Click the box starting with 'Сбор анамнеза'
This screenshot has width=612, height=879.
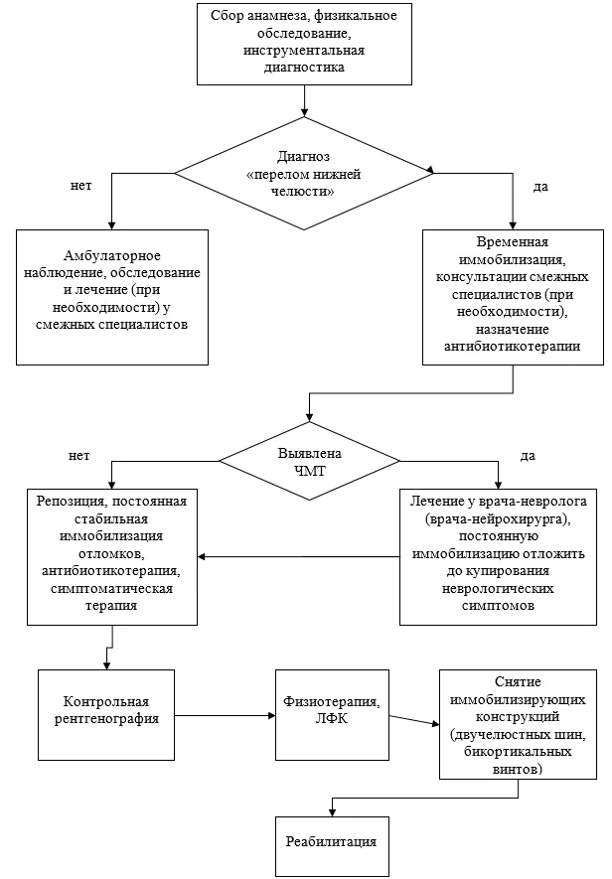(304, 43)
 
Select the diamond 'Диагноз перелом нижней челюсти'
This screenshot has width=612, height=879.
(304, 173)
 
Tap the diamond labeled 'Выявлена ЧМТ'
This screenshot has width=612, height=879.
(309, 461)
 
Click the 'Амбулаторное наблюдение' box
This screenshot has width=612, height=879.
(112, 297)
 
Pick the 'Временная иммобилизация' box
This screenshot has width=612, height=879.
(513, 297)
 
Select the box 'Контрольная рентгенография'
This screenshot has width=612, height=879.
(106, 715)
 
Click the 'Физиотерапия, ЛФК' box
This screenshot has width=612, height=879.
(332, 715)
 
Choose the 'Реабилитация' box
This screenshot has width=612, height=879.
(332, 846)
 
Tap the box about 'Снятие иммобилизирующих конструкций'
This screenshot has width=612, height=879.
(518, 724)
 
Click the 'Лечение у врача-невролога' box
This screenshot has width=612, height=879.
(498, 557)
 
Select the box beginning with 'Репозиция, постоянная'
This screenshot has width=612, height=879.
(112, 557)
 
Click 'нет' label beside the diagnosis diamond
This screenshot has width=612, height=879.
(80, 186)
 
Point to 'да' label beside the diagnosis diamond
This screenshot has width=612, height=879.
(540, 187)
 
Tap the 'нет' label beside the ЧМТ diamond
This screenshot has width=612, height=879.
(79, 455)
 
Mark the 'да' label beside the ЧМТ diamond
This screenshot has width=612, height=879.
(528, 456)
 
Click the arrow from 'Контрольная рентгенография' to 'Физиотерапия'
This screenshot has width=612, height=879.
(225, 715)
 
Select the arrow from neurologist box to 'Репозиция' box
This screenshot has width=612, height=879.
(298, 556)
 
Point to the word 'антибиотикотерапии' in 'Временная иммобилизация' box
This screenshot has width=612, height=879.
(512, 347)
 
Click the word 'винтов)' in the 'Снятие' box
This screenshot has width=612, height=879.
(518, 769)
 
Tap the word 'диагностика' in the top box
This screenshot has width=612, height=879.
(304, 68)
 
